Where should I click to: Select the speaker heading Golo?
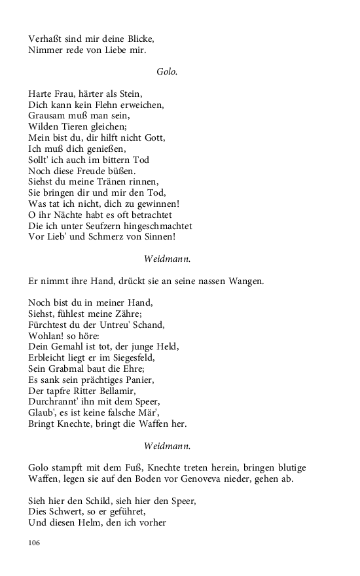(167, 71)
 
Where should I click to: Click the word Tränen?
(120, 181)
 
